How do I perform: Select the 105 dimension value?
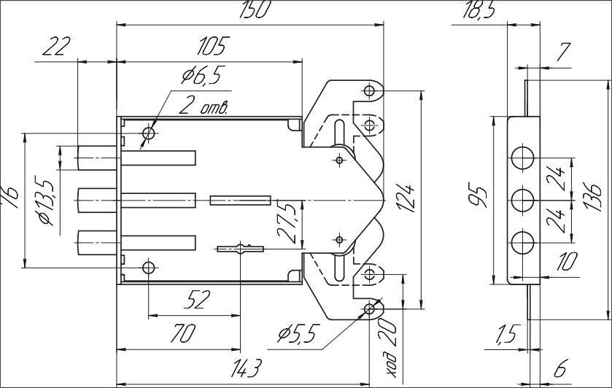[212, 46]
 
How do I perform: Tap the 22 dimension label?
[56, 46]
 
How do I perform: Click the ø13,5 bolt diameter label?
[47, 203]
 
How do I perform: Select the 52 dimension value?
[197, 300]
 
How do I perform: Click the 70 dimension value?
[182, 334]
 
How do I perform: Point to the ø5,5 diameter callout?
[297, 333]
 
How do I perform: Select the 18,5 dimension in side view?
[478, 9]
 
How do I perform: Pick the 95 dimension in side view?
[480, 198]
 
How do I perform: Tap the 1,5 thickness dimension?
[507, 335]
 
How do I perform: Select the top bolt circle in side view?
[522, 158]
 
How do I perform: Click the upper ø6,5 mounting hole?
[149, 133]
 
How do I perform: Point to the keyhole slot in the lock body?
[241, 249]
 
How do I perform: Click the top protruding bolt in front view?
[97, 158]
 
